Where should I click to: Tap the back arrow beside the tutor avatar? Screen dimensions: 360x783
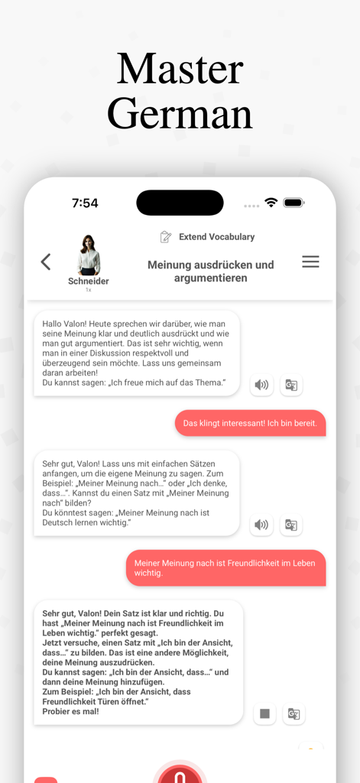[x=46, y=262]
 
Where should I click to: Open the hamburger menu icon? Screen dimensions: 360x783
[x=310, y=262]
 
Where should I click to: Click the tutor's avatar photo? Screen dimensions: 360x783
[x=89, y=255]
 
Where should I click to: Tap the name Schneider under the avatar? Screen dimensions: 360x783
[x=89, y=281]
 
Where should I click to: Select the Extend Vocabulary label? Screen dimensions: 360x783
[x=216, y=237]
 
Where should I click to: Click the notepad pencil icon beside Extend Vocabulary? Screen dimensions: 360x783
[x=166, y=237]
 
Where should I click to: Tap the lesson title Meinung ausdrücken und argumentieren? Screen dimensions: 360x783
[x=210, y=271]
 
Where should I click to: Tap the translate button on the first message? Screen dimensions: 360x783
[x=291, y=385]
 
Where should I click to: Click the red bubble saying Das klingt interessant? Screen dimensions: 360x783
[x=251, y=423]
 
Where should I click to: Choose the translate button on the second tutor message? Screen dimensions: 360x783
[x=291, y=525]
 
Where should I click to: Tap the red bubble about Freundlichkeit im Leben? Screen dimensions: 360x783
[x=225, y=568]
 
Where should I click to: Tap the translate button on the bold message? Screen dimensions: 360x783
[x=293, y=714]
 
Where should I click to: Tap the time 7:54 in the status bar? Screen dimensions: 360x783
[x=85, y=203]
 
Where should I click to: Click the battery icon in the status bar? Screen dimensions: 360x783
[x=294, y=203]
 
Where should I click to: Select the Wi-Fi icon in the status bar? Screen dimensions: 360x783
[x=271, y=203]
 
